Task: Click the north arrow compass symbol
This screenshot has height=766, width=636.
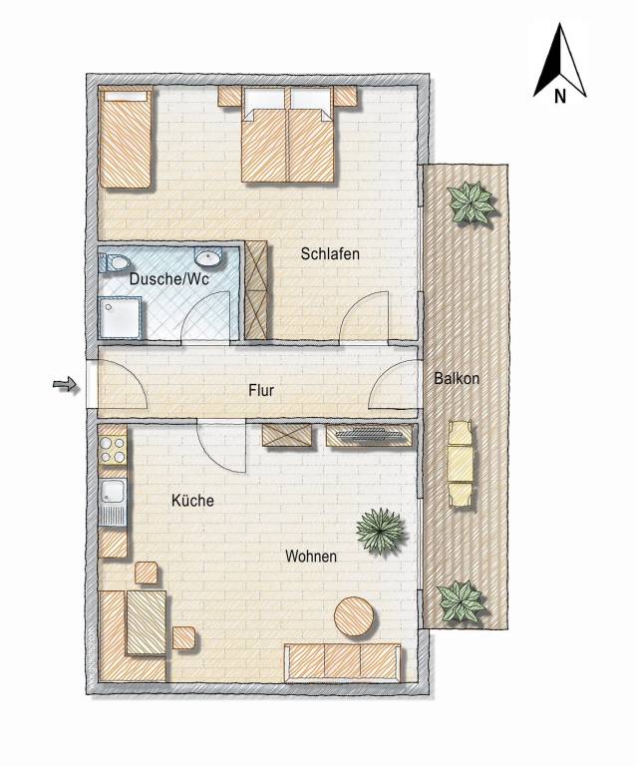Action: click(560, 64)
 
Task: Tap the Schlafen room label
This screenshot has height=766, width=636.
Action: click(330, 254)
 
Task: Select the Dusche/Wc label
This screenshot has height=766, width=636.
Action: click(169, 279)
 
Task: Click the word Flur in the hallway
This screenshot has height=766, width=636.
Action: click(261, 390)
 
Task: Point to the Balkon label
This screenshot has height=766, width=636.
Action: click(457, 378)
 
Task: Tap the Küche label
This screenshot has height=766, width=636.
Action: click(192, 501)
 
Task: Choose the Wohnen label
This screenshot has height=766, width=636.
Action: click(311, 556)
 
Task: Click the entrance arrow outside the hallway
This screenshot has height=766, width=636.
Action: click(66, 385)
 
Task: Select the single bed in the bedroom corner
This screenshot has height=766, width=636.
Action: click(126, 137)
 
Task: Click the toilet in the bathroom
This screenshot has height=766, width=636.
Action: click(114, 263)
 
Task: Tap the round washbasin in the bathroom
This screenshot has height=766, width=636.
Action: click(208, 256)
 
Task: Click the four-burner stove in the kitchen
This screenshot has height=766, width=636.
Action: click(113, 450)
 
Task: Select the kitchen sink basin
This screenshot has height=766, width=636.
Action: click(113, 492)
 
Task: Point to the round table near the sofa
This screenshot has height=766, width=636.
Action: click(356, 616)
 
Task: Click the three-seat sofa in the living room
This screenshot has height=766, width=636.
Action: click(343, 662)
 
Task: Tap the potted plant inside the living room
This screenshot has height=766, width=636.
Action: click(381, 531)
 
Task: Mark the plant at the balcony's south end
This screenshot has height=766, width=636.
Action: click(462, 601)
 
